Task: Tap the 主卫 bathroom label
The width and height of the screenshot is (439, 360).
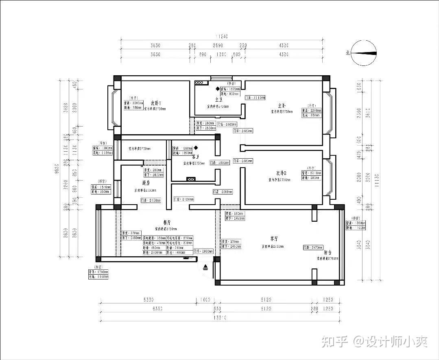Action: [x=218, y=99]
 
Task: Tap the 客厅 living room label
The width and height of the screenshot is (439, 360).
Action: [x=277, y=238]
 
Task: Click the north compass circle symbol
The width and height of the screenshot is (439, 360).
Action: [x=363, y=53]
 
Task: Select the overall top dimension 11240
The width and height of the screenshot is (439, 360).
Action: [x=222, y=36]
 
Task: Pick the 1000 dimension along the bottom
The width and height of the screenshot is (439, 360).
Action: [x=205, y=300]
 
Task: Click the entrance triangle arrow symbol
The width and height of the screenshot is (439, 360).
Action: [x=205, y=267]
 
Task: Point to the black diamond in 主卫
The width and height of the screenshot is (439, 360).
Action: [x=217, y=88]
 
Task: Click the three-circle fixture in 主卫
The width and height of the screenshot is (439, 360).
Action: [x=199, y=83]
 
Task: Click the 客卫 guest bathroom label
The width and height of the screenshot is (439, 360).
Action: [x=195, y=156]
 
